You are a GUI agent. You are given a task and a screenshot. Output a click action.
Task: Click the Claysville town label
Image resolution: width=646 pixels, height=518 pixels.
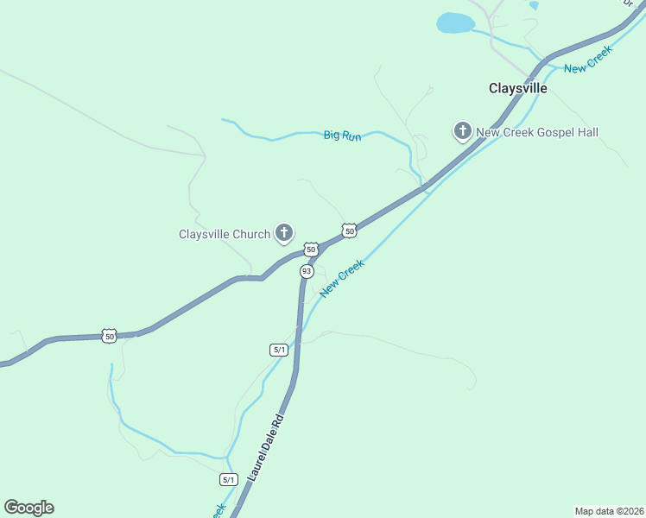click(518, 88)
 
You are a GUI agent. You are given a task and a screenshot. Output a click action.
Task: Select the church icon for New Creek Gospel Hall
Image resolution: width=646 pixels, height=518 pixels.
click(462, 130)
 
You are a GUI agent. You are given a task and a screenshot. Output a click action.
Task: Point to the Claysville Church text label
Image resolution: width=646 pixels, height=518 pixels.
click(225, 234)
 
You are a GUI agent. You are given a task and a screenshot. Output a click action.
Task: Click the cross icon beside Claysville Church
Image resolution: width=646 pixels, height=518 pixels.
click(283, 231)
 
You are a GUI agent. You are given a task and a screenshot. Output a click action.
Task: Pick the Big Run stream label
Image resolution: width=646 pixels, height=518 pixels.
click(342, 136)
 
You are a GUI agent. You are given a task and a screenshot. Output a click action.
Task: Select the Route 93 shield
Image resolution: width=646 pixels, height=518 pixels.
click(307, 271)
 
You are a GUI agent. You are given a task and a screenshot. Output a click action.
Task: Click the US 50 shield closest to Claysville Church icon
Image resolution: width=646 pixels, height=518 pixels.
click(311, 249)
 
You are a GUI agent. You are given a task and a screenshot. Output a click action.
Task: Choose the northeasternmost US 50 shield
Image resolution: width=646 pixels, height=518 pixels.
click(349, 231)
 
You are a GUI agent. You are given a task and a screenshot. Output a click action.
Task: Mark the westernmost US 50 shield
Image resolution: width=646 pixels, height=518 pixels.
click(108, 336)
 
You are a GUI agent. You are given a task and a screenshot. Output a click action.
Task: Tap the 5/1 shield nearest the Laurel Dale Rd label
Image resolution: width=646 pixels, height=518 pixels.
click(228, 479)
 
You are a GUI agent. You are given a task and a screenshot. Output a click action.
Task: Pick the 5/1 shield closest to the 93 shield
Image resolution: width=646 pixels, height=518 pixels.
click(278, 350)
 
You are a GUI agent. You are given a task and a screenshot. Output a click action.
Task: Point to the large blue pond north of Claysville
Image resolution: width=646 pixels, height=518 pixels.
click(455, 22)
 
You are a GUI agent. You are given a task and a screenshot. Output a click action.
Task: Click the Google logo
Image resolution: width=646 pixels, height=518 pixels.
click(28, 507)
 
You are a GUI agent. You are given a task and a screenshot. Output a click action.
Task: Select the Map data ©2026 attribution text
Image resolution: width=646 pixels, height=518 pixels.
click(609, 510)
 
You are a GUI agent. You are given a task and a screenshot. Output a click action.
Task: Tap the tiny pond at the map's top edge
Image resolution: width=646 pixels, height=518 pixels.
click(534, 4)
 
